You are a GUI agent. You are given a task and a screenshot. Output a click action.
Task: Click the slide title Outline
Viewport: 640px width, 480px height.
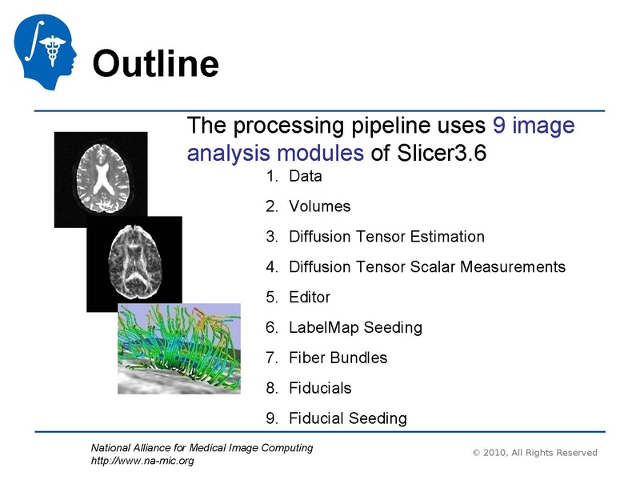(155, 64)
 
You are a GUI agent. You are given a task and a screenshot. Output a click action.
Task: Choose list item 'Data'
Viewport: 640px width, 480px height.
(305, 176)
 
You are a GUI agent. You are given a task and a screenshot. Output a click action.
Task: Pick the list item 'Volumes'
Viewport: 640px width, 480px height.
(319, 206)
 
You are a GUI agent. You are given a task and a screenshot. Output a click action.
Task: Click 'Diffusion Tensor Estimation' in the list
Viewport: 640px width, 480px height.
(386, 237)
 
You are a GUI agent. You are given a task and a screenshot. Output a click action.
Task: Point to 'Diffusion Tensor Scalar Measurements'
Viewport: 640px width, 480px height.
(426, 267)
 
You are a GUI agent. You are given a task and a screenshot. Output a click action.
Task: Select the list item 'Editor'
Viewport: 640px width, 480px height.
(309, 297)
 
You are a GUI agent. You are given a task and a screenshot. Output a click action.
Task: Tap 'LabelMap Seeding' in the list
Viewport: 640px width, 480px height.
(354, 327)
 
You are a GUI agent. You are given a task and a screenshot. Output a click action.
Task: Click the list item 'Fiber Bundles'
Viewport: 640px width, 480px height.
(338, 358)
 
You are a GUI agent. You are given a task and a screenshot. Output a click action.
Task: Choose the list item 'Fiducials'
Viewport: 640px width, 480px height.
(320, 388)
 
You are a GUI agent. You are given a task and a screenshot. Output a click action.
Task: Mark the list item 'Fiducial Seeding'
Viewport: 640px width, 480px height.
(347, 418)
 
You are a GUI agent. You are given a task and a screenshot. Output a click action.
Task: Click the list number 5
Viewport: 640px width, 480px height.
(270, 297)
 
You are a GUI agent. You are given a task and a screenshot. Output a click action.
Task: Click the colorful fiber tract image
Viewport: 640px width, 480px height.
(178, 348)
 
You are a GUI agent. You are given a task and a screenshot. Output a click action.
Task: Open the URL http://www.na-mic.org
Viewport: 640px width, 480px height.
(142, 461)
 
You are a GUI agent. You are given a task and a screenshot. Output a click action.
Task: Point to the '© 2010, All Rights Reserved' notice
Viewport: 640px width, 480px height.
(534, 453)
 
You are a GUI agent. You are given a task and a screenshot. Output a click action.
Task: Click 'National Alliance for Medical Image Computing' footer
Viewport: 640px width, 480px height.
(202, 448)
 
